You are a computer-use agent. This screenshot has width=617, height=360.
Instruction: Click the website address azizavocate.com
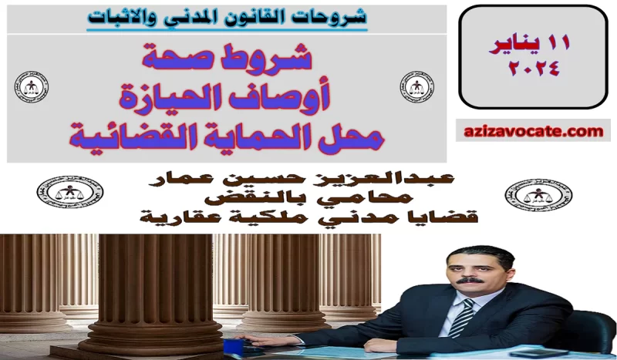[x=533, y=132]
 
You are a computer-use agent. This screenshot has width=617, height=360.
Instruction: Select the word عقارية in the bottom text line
[x=174, y=218]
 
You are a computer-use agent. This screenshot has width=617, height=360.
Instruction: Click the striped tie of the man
[x=461, y=316]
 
